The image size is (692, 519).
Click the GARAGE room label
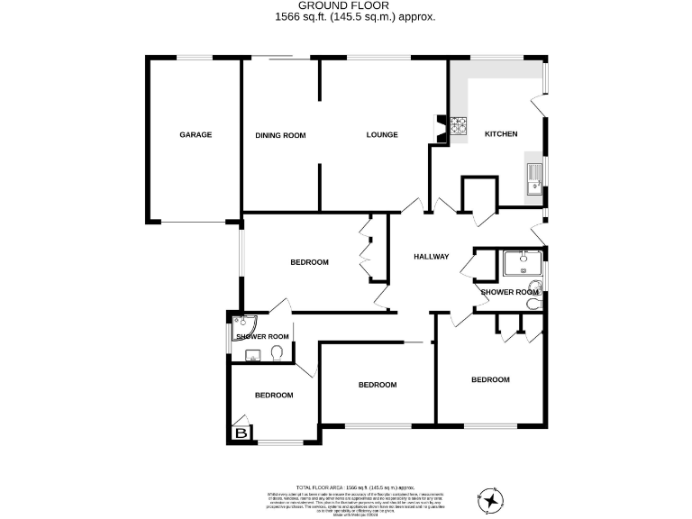click(196, 135)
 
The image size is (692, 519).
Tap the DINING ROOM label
click(280, 136)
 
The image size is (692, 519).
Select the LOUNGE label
click(382, 135)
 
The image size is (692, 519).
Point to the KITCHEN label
click(501, 134)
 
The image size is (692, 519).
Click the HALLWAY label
click(431, 257)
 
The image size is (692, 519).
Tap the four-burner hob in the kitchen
click(460, 127)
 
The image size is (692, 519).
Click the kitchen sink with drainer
click(534, 179)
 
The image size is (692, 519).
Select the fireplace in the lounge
click(440, 128)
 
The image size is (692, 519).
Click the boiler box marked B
click(241, 434)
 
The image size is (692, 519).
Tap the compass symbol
click(489, 499)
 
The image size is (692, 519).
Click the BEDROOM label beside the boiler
click(273, 396)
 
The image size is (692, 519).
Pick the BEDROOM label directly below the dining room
click(309, 262)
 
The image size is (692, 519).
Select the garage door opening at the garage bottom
click(194, 222)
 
